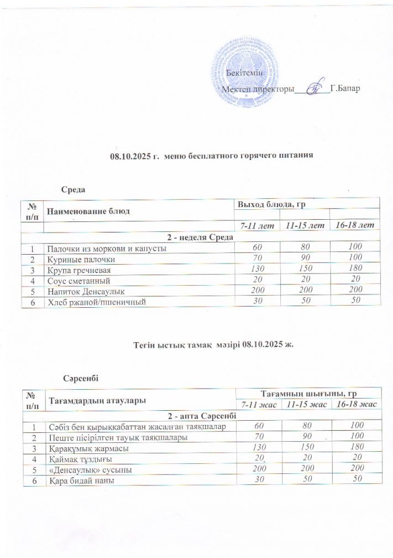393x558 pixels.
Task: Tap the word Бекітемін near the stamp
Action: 244,73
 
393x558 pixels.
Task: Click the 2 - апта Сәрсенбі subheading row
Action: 201,415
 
